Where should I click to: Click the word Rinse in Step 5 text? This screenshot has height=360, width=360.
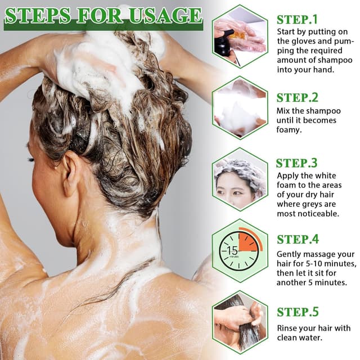289,328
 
